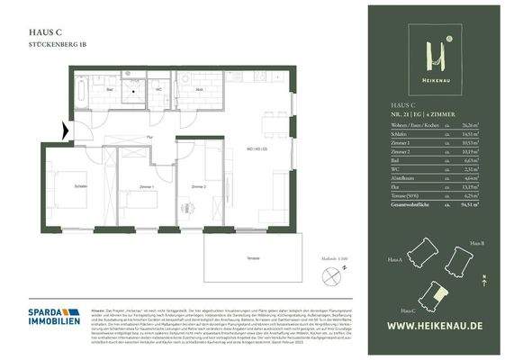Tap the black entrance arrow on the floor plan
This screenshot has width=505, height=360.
click(x=63, y=131)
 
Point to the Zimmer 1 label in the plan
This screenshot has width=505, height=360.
click(x=146, y=186)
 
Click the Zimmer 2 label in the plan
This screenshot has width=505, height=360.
click(x=198, y=186)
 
